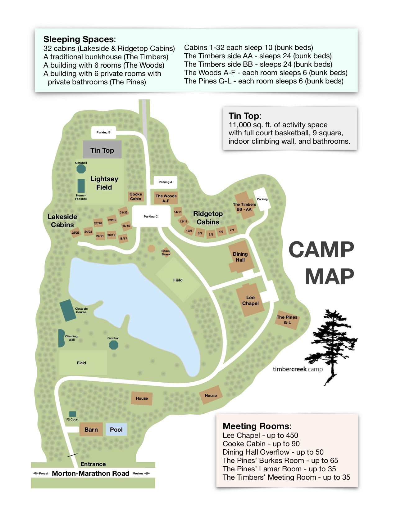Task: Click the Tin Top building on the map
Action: point(102,150)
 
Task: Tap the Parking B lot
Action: point(103,132)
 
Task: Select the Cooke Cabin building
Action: point(136,196)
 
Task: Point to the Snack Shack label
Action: point(166,253)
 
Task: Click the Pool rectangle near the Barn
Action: point(116,429)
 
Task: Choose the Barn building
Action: point(91,429)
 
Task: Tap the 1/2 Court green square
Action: point(73,414)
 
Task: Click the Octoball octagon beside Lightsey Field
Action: point(81,169)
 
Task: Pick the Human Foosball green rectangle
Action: point(81,186)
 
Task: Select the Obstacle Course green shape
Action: point(67,310)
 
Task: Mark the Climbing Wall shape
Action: point(61,338)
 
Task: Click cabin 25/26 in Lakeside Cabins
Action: point(75,232)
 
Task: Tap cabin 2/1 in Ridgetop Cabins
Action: point(232,230)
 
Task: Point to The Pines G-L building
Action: point(287,320)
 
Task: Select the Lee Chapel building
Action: point(250,300)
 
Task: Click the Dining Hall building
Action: point(240,257)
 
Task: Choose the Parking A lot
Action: point(165,182)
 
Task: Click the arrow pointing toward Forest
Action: point(35,473)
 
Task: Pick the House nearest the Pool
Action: point(142,398)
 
